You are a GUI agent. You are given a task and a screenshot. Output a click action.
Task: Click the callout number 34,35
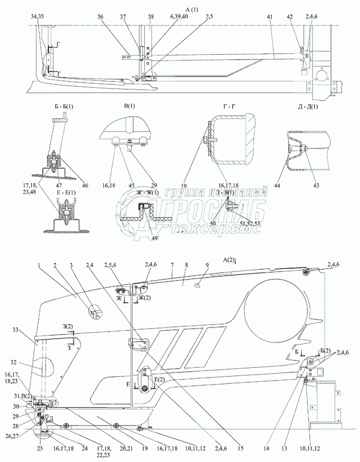coord(37,18)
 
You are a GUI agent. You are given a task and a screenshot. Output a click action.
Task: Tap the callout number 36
coord(117,18)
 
